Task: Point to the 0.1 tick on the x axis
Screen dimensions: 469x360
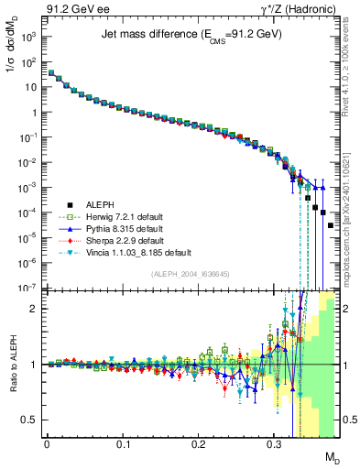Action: pos(122,443)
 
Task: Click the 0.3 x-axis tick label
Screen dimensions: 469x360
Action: pos(274,443)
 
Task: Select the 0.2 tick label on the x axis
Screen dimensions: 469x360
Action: pos(198,443)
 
